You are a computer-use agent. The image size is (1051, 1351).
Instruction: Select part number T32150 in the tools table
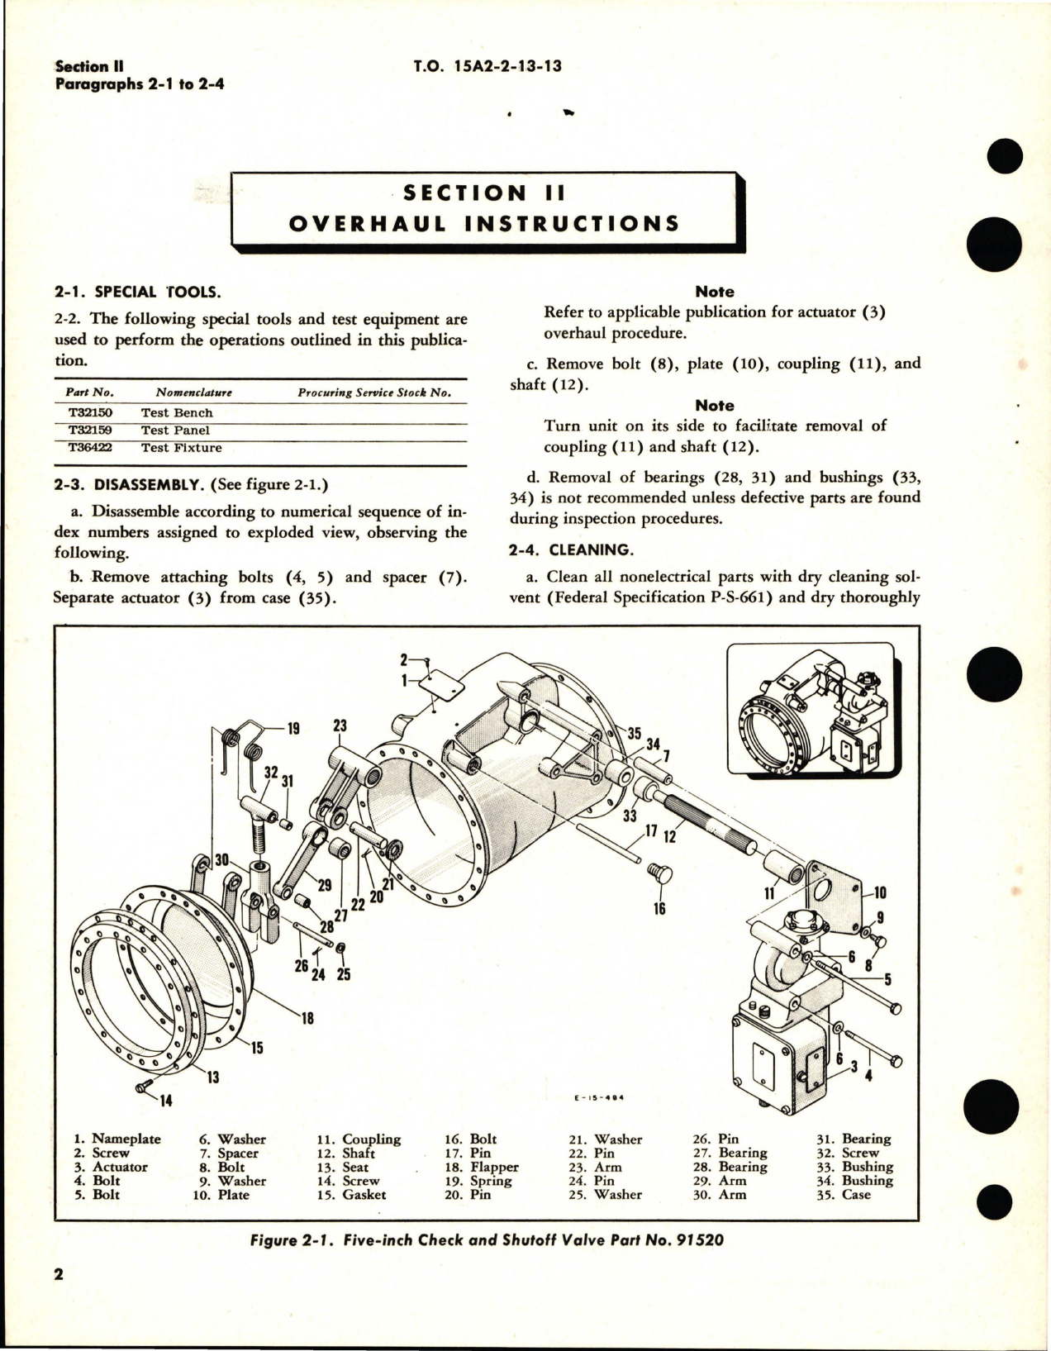click(x=88, y=412)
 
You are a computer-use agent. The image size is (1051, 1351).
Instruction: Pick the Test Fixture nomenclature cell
click(x=181, y=448)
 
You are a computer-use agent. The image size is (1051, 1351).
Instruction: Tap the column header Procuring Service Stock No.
click(x=373, y=392)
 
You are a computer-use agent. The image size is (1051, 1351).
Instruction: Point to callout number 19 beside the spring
click(x=293, y=729)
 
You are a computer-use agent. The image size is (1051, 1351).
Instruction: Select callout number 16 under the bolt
click(x=659, y=909)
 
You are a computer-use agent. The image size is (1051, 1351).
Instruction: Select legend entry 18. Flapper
click(x=482, y=1167)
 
